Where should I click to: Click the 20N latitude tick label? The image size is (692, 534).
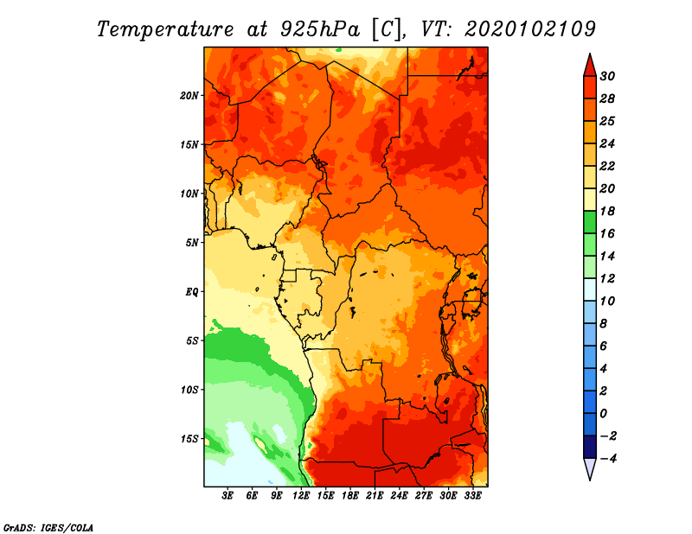click(189, 95)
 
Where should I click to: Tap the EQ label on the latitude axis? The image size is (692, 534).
click(192, 291)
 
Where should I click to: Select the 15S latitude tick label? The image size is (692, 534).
click(189, 439)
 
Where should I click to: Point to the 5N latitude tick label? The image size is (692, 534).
click(192, 243)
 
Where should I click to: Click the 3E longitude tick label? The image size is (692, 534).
click(227, 496)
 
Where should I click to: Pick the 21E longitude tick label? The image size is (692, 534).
click(375, 496)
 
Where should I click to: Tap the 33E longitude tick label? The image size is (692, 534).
click(472, 496)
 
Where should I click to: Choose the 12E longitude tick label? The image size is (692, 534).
click(301, 496)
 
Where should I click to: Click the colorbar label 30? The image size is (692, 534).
click(607, 76)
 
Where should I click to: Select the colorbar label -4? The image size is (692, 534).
click(608, 459)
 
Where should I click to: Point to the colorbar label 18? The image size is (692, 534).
click(607, 211)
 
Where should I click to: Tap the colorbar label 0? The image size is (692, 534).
click(603, 414)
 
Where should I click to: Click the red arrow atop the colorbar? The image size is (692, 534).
click(590, 67)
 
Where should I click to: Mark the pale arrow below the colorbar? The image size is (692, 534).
click(590, 467)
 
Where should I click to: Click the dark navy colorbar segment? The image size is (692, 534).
click(590, 447)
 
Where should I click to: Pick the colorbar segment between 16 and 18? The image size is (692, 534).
click(590, 222)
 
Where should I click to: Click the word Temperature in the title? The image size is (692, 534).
click(165, 29)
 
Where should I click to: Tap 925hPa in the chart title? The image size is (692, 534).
click(320, 29)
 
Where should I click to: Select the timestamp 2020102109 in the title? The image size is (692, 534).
click(530, 29)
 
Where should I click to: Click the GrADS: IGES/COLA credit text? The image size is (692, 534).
click(48, 527)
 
